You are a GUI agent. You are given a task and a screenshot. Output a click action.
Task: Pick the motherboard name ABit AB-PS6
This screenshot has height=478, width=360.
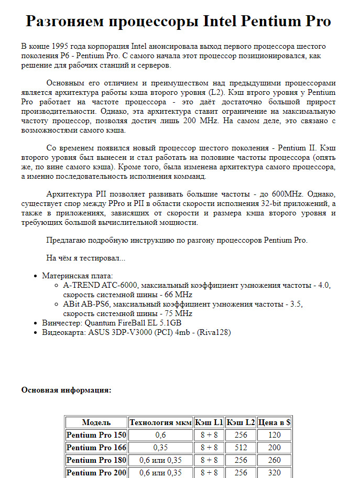coord(86,304)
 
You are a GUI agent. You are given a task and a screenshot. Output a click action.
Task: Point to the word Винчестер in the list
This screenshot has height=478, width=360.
coord(61,323)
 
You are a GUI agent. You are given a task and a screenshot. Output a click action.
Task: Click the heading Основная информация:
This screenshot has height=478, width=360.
coord(66,390)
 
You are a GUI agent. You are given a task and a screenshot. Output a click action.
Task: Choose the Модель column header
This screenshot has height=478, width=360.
coord(96,422)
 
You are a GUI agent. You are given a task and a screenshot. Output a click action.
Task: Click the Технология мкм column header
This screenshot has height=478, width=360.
coord(160,422)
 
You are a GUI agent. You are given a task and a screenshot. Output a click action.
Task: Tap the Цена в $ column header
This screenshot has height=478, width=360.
coord(275,422)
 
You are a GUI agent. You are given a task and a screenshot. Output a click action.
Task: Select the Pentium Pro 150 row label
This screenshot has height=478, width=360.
coord(96,435)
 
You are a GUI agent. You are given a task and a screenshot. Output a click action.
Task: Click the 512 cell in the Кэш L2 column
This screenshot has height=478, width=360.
coord(241,448)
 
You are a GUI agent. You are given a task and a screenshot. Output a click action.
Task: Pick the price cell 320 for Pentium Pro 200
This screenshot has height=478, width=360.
coord(275,473)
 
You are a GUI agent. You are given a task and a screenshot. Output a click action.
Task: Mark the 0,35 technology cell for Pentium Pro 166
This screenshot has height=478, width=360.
coord(160,448)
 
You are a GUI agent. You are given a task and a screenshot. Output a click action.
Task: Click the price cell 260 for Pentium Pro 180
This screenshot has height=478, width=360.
coord(275,460)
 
